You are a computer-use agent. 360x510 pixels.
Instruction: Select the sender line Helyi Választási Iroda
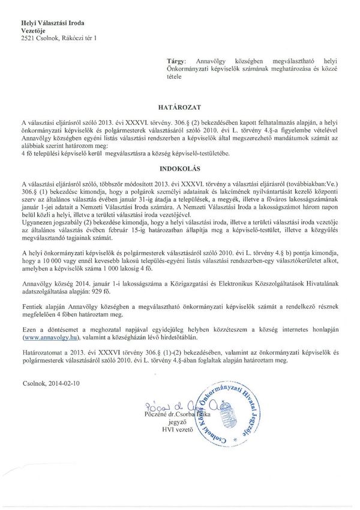click(52, 23)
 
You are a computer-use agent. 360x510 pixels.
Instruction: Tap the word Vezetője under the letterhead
click(34, 31)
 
